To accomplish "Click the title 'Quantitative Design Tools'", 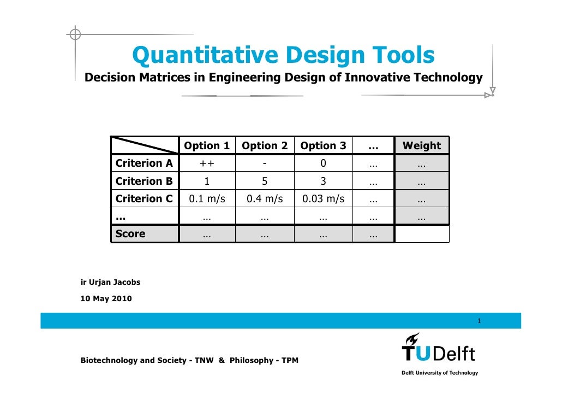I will (x=283, y=55).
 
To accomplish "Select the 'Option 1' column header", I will (x=207, y=146).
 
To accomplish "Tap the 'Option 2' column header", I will (x=265, y=146).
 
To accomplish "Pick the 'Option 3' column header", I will (x=323, y=146).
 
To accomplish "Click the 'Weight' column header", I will (x=421, y=146).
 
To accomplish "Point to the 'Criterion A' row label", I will (x=144, y=163).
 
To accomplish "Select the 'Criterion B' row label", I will (x=144, y=182).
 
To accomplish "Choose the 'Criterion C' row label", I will (x=144, y=199).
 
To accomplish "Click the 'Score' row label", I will (x=130, y=234).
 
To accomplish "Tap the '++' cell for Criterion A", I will (x=207, y=163).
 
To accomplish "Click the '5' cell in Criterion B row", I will (x=265, y=182).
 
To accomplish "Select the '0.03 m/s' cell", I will (x=323, y=199).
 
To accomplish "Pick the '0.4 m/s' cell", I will (x=265, y=199).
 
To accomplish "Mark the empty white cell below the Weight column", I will (x=421, y=234).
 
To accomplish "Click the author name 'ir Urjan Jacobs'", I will (x=110, y=283).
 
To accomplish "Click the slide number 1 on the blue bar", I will (x=479, y=320).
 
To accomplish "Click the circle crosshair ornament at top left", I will (x=75, y=34).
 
